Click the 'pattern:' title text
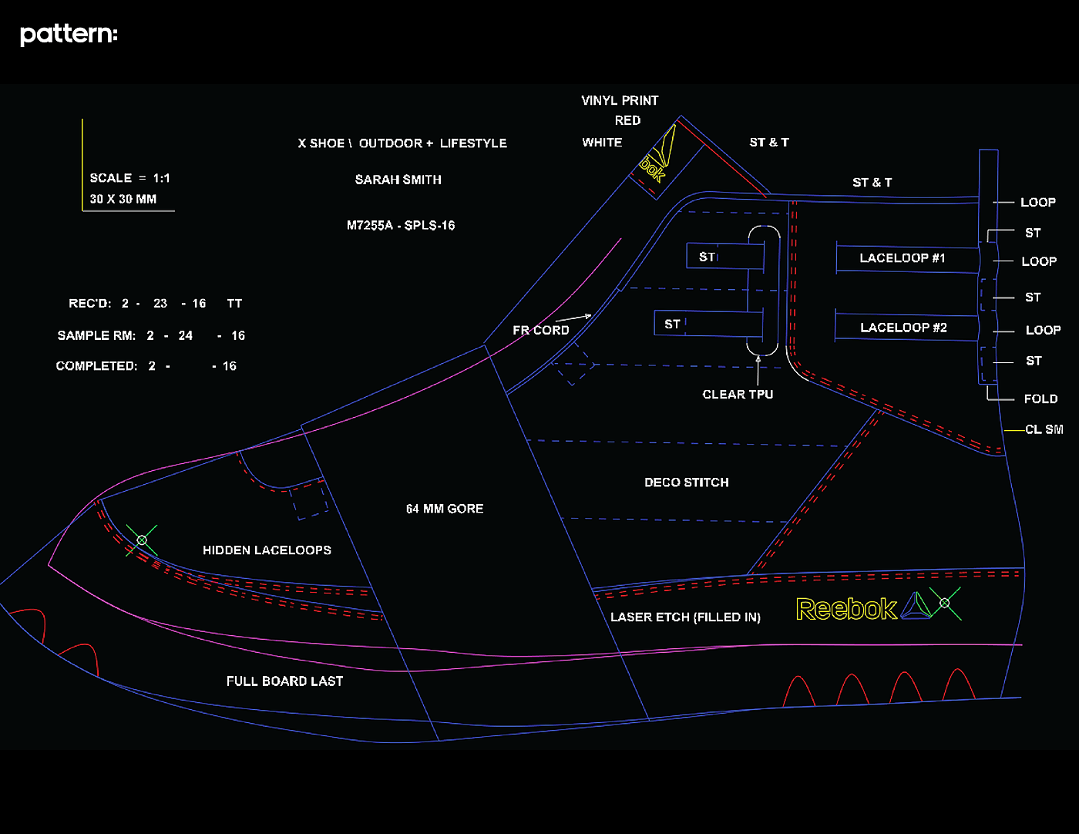pos(69,35)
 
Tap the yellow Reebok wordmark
pos(846,610)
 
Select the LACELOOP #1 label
pos(902,258)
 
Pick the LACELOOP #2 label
pos(903,328)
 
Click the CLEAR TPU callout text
pos(738,395)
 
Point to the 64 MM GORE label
pos(445,509)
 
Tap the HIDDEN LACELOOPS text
pos(267,550)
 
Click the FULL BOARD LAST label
pos(284,681)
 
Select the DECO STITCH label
pos(686,483)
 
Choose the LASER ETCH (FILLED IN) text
pos(685,617)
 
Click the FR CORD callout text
pos(541,331)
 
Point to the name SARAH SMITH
pos(398,180)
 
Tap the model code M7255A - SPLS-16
pos(401,226)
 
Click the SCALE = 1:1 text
pos(129,178)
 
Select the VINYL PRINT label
pos(620,101)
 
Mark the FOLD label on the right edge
pos(1040,399)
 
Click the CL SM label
pos(1044,429)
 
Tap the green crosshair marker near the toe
pos(142,540)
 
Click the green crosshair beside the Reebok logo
pos(945,603)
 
